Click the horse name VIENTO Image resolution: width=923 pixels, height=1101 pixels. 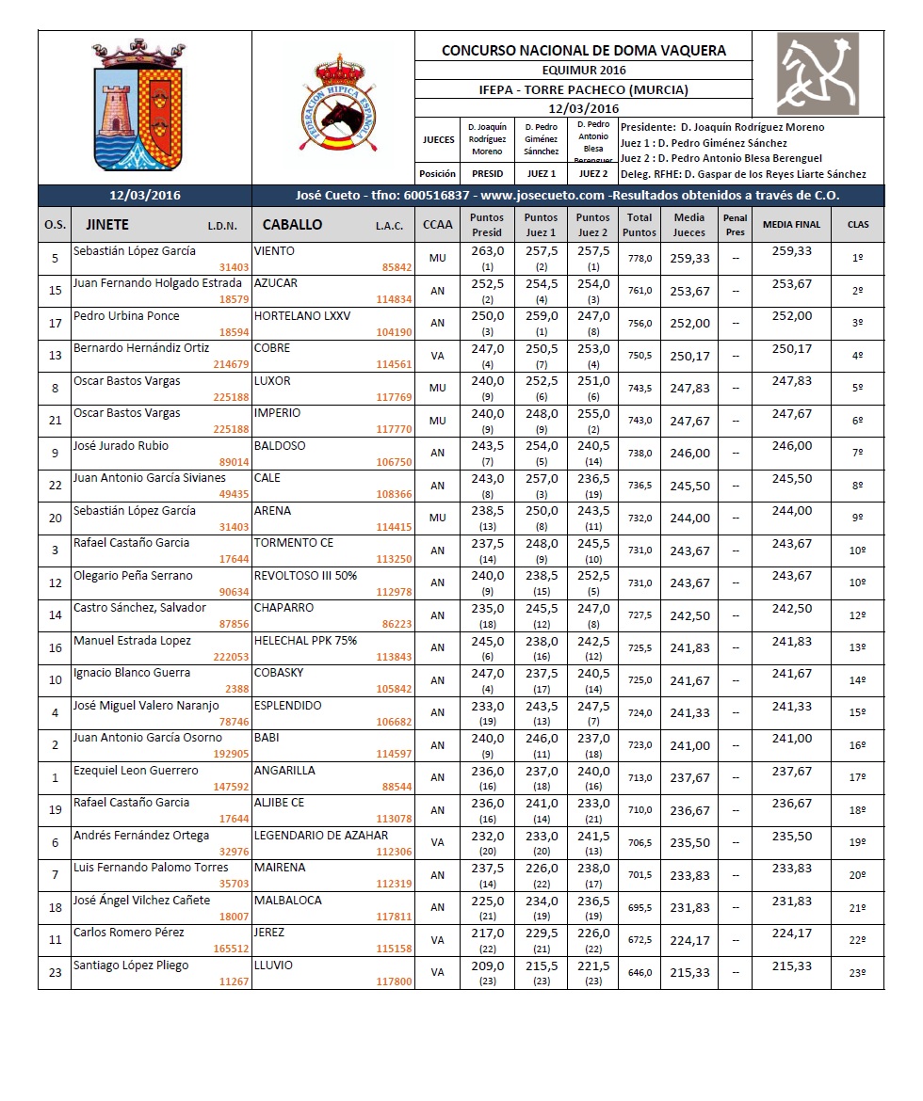point(275,251)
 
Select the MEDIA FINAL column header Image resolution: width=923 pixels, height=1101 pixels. point(791,224)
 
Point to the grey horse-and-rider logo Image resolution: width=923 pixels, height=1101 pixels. point(818,73)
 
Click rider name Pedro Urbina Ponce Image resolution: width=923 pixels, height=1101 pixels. point(126,316)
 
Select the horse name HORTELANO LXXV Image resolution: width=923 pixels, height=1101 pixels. point(302,316)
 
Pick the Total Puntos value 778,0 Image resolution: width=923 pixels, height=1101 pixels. point(640,259)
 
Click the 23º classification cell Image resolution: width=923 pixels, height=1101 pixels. point(857,973)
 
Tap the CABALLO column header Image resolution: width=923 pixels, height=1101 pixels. point(292,225)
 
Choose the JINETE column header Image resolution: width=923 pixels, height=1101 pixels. point(107,225)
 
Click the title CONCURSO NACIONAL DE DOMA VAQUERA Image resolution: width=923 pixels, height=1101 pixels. point(583,51)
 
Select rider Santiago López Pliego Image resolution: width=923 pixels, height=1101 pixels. point(131,965)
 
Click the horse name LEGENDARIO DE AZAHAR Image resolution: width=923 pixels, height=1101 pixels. point(321,835)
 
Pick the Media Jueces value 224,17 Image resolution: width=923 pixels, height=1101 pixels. point(690,940)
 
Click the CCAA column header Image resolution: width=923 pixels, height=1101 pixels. point(437,224)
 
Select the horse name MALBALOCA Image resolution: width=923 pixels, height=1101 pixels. point(288,900)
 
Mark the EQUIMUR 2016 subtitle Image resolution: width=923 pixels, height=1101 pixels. point(583,70)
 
